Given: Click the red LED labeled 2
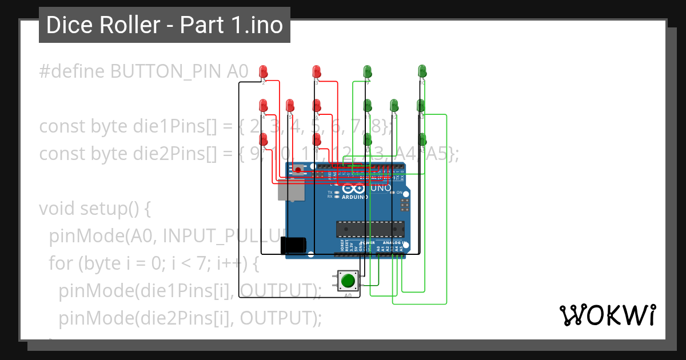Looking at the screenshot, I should (264, 71).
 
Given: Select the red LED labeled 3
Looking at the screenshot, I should (316, 71).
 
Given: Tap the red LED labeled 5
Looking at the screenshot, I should (290, 105).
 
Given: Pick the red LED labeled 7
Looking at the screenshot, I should (264, 139).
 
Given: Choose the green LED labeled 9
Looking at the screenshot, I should (368, 71).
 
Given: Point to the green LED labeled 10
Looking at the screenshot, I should (422, 71).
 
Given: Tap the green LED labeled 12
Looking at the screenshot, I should (394, 105).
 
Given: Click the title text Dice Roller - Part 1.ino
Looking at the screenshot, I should (165, 25).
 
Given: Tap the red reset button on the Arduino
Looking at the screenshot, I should (298, 170).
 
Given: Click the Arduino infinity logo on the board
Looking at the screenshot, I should (353, 188).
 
